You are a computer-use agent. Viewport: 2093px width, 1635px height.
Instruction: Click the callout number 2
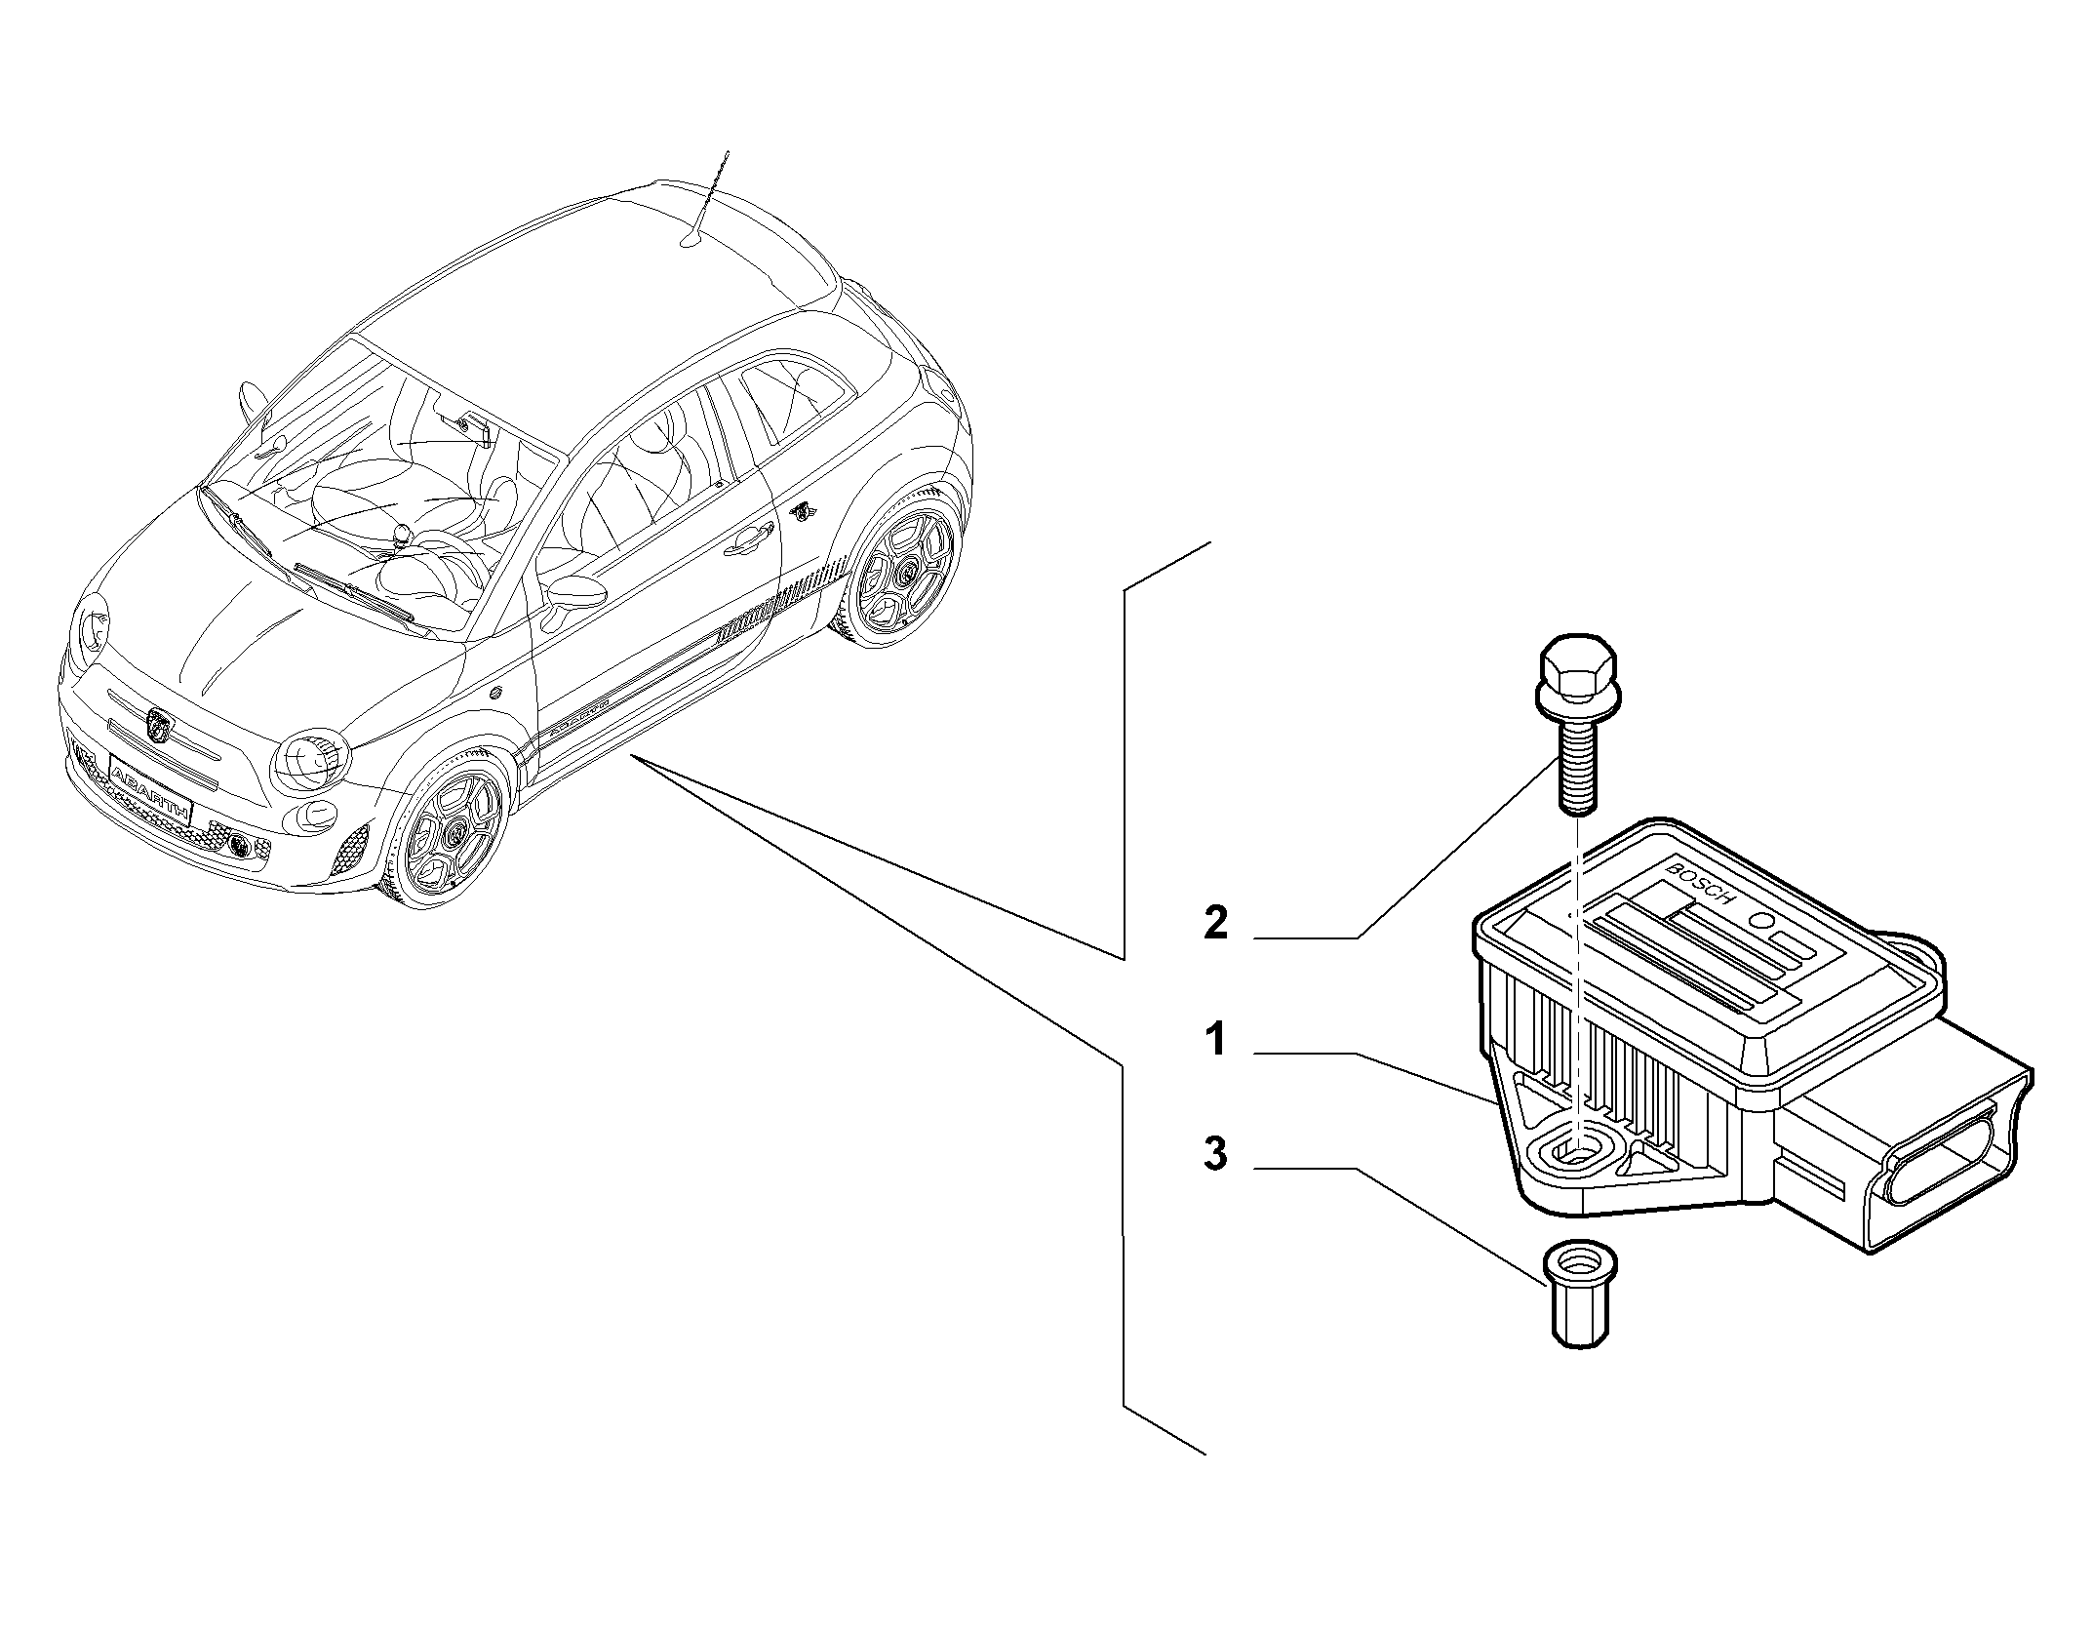click(1215, 922)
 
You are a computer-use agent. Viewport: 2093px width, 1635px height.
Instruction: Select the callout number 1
click(1216, 1040)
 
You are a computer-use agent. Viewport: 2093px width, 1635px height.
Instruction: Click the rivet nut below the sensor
click(1579, 1295)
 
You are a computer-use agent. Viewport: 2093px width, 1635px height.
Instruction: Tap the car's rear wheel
click(901, 572)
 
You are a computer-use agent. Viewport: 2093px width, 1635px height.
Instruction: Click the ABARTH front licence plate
click(151, 781)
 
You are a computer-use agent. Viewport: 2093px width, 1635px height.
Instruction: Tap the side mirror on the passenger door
click(573, 590)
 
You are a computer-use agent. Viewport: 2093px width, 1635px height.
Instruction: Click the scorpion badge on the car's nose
click(158, 723)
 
